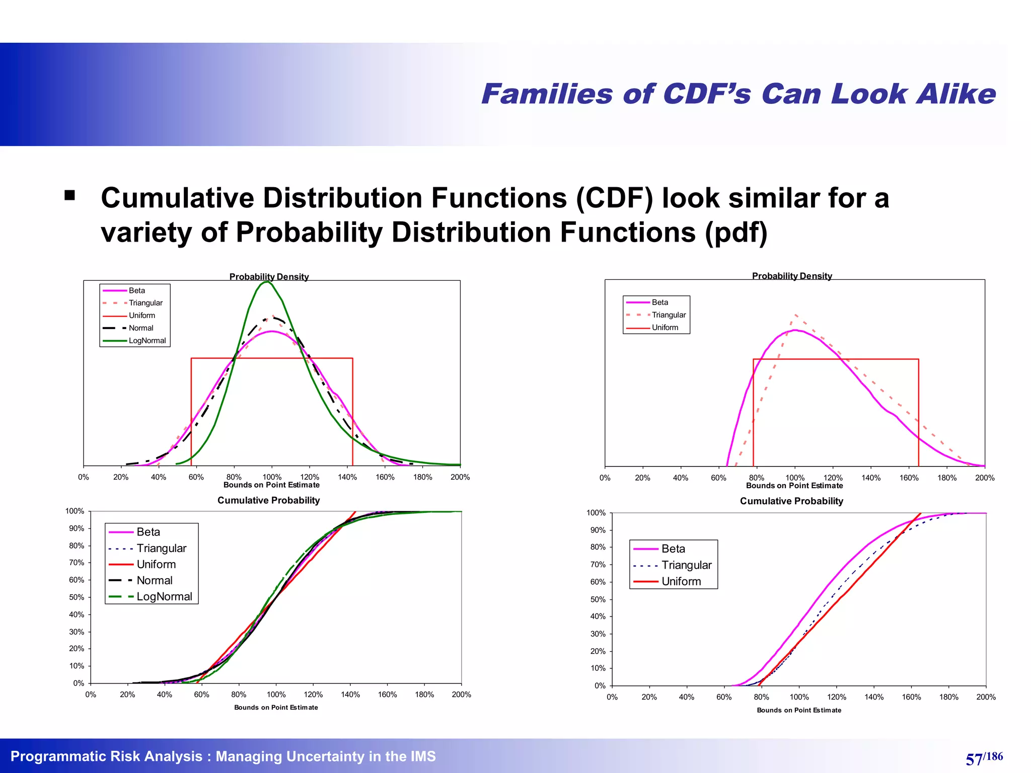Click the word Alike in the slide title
click(955, 94)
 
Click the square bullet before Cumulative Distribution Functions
click(69, 196)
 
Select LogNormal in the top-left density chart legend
click(147, 341)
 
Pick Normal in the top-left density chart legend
click(141, 328)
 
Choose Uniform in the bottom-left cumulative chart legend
click(156, 564)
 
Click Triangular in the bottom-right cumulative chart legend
click(686, 565)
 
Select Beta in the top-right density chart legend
click(659, 302)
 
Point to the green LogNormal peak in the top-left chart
click(266, 283)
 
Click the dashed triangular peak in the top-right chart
click(795, 315)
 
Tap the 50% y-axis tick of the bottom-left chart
click(77, 597)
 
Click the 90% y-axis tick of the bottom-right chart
click(598, 530)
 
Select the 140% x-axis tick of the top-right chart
click(871, 478)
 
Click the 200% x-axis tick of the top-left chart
click(460, 477)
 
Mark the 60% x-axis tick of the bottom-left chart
click(201, 694)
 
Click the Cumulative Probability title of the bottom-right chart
click(791, 501)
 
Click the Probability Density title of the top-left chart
click(269, 277)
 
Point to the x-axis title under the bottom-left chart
click(276, 708)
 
